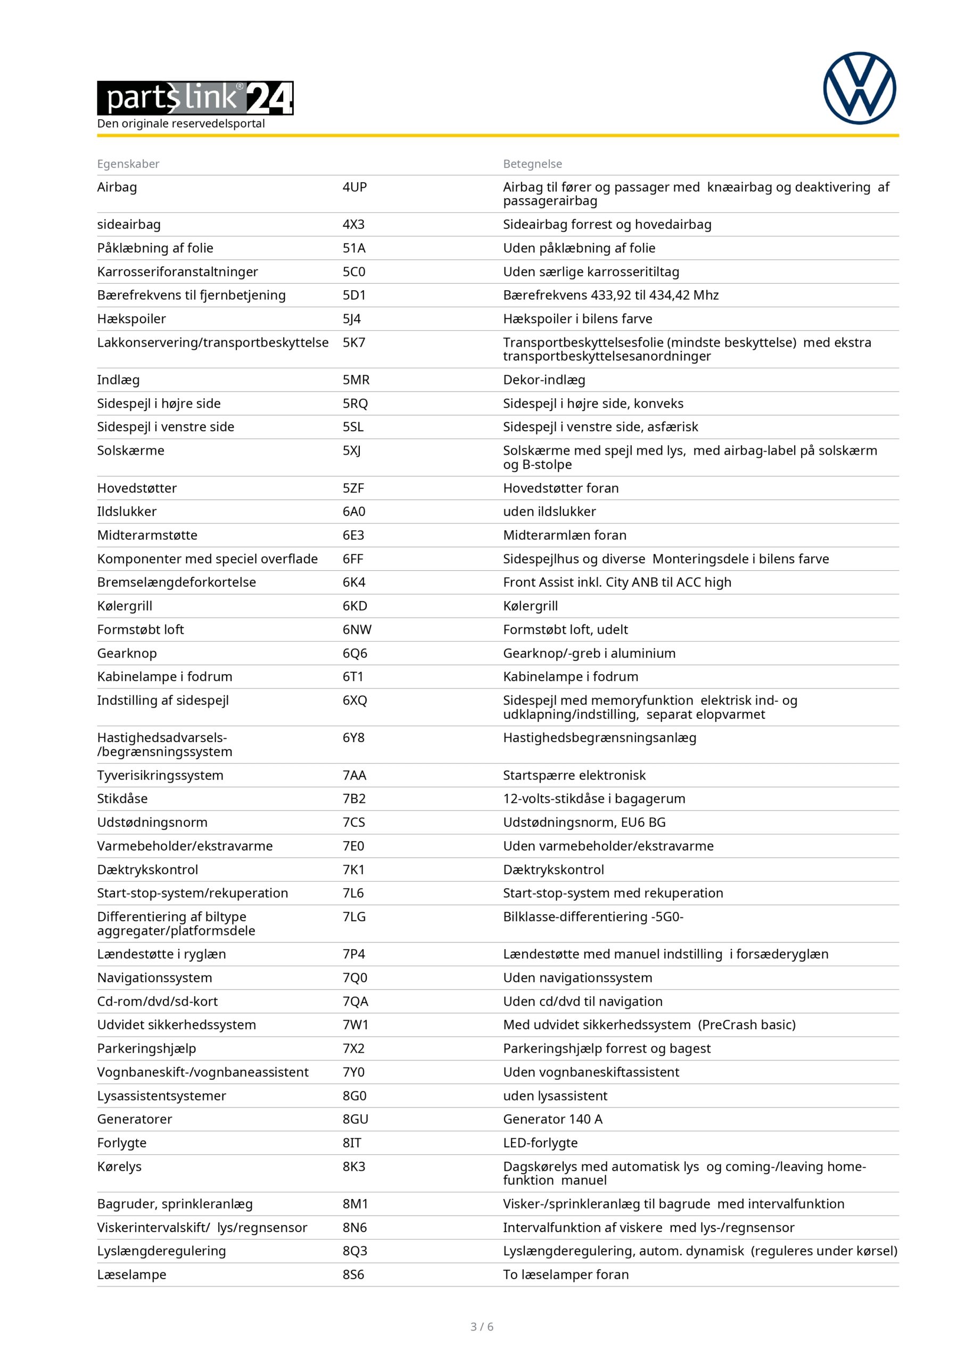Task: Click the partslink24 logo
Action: (195, 98)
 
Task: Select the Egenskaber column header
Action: (128, 164)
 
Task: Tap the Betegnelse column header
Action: (532, 164)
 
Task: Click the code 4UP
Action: (355, 187)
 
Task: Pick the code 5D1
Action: (354, 295)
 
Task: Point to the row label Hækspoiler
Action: (131, 319)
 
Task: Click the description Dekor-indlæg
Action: (543, 380)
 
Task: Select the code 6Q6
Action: (355, 653)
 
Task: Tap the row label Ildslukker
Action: (127, 511)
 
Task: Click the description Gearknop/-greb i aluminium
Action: (589, 653)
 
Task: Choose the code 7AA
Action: (355, 775)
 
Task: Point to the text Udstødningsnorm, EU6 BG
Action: (584, 822)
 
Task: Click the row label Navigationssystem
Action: (154, 978)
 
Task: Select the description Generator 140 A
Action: (552, 1119)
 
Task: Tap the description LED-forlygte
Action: (540, 1143)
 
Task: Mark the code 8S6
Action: (353, 1275)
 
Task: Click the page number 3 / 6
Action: (481, 1327)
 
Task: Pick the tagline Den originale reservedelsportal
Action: (181, 124)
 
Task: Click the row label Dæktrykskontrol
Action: (147, 869)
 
